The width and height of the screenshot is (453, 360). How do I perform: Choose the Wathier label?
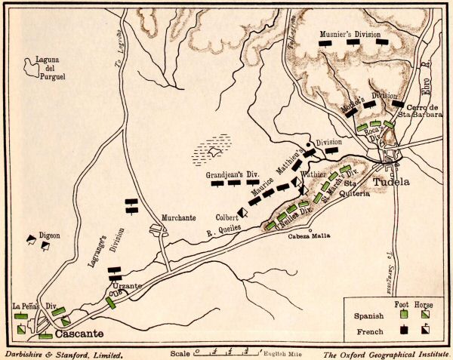pos(314,174)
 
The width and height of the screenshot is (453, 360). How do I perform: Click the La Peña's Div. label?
pos(35,306)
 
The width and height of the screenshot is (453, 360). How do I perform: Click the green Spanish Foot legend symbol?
pos(405,312)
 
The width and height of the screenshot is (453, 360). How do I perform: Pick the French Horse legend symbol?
pos(427,330)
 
